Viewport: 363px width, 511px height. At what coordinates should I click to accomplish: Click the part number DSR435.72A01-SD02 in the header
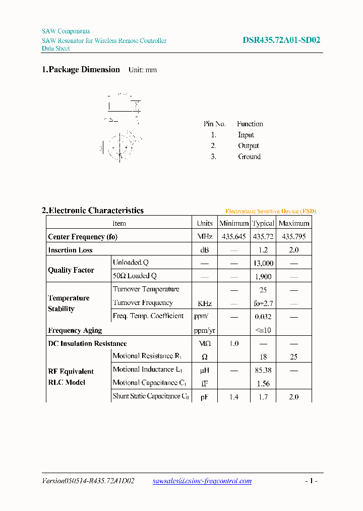[x=281, y=40]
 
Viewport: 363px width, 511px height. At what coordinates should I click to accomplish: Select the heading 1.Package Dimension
[x=81, y=70]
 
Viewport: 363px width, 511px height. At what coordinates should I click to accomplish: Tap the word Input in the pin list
[x=246, y=135]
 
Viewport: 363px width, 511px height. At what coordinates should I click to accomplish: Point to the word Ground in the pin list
[x=249, y=157]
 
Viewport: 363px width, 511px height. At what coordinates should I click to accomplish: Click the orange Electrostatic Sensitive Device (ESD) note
[x=271, y=211]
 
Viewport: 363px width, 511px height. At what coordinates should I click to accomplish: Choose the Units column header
[x=205, y=223]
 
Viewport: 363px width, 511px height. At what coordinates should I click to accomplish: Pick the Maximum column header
[x=293, y=223]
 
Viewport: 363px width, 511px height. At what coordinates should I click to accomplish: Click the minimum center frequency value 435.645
[x=234, y=236]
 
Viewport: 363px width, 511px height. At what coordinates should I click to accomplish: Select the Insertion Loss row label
[x=70, y=250]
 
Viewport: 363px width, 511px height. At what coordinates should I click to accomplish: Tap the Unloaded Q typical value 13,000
[x=263, y=263]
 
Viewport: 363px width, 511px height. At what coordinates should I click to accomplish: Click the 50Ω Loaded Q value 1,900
[x=263, y=276]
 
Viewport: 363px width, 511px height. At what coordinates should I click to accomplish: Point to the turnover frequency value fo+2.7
[x=263, y=303]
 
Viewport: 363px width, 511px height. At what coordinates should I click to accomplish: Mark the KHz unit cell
[x=205, y=303]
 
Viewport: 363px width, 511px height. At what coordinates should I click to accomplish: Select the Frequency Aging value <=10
[x=263, y=330]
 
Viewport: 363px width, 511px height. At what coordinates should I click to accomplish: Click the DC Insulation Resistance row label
[x=87, y=343]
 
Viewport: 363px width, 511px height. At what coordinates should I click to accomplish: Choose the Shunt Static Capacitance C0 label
[x=150, y=396]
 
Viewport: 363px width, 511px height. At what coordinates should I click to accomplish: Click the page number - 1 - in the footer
[x=311, y=481]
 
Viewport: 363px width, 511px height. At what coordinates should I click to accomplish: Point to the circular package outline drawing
[x=120, y=146]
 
